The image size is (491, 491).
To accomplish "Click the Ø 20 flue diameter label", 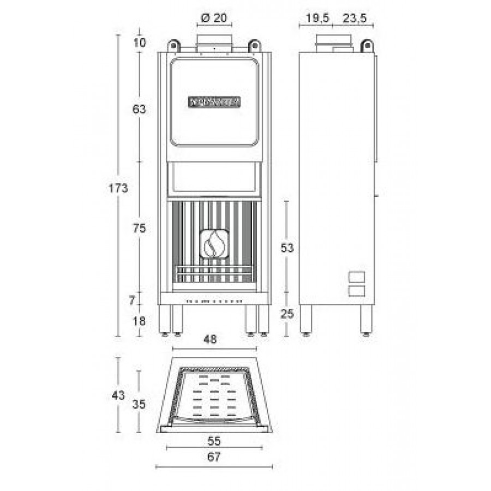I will tap(213, 17).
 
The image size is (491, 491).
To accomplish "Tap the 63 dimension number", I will tap(140, 109).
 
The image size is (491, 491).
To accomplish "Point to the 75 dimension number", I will tap(140, 229).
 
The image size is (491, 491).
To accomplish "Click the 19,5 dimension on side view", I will tap(316, 18).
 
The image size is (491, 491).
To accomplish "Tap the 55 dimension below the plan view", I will tap(213, 439).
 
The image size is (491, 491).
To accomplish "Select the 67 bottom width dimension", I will tap(213, 457).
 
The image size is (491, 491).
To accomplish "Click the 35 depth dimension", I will tap(140, 404).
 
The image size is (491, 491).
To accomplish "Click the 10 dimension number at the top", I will tap(140, 43).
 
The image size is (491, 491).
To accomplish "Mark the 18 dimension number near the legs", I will tap(140, 321).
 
